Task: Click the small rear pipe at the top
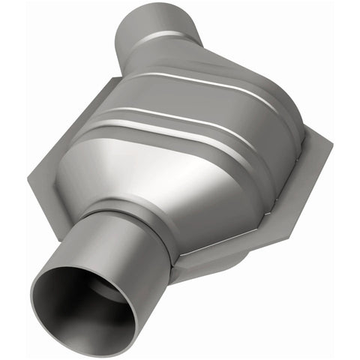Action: point(157,34)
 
